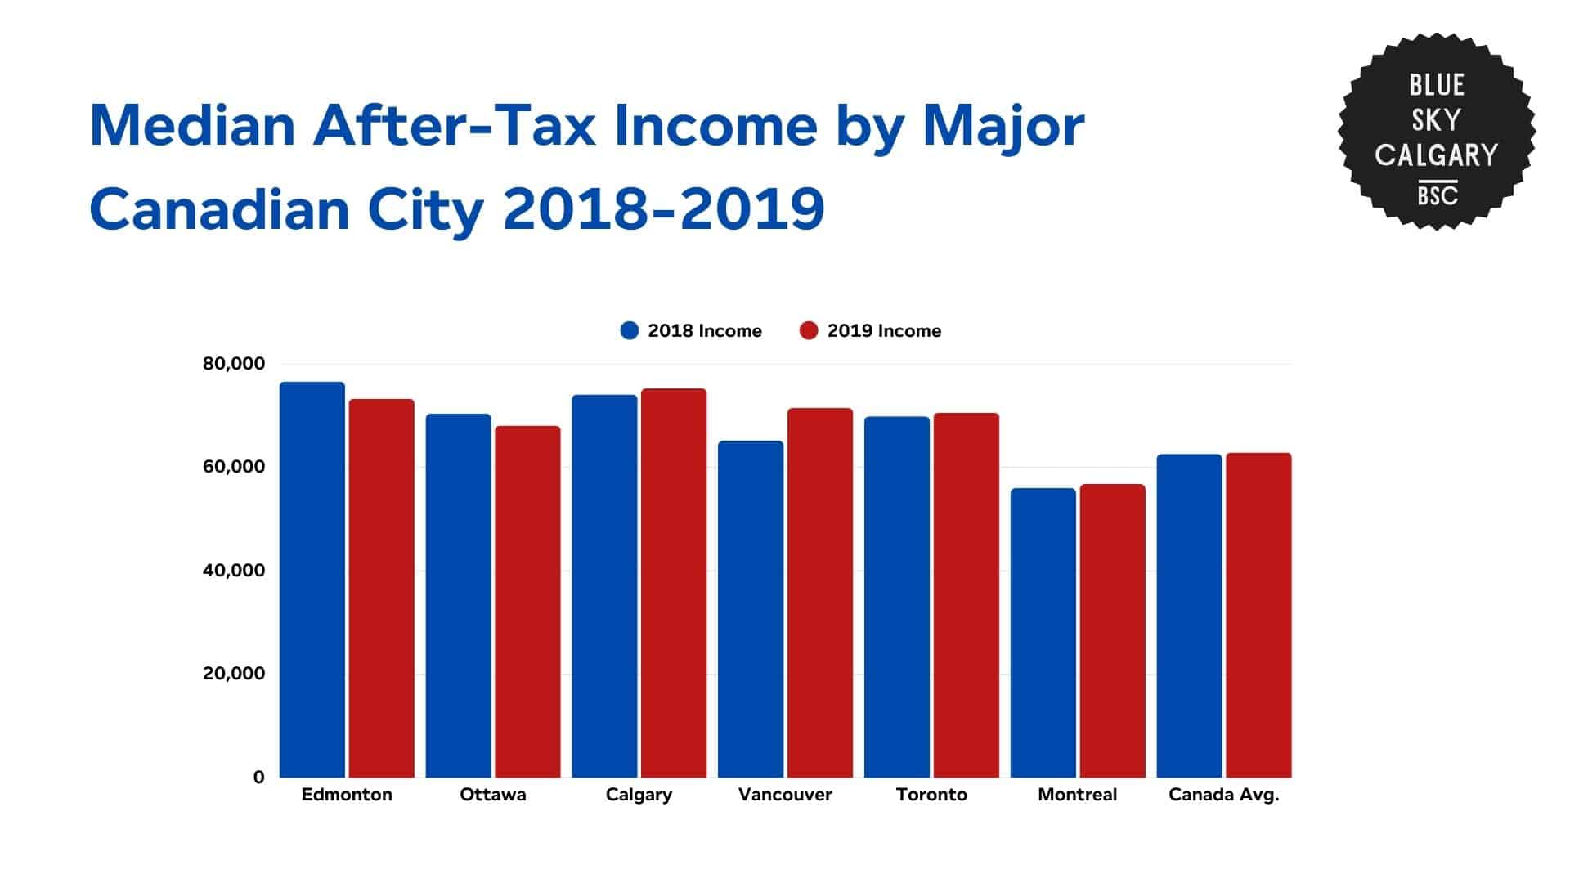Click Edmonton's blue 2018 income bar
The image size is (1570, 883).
point(312,580)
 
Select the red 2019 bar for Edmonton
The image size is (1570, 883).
point(382,588)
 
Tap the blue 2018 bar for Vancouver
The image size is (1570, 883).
point(751,609)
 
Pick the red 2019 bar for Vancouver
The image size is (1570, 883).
point(820,593)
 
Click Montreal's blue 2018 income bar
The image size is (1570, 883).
point(1043,633)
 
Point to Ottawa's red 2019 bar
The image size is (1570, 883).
point(527,602)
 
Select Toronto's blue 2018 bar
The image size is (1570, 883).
point(897,597)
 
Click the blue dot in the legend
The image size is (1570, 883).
point(629,331)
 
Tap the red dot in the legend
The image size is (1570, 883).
point(809,331)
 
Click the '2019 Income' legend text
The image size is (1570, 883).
point(884,331)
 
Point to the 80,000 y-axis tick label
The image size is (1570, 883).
point(234,364)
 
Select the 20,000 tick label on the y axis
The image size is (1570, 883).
point(234,674)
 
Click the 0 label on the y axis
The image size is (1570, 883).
point(258,778)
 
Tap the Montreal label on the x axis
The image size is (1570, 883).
point(1077,795)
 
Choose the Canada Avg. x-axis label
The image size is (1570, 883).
point(1223,795)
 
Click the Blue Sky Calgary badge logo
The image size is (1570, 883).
point(1436,132)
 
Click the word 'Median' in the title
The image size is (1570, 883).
point(191,126)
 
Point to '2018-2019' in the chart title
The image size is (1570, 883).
point(663,209)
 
